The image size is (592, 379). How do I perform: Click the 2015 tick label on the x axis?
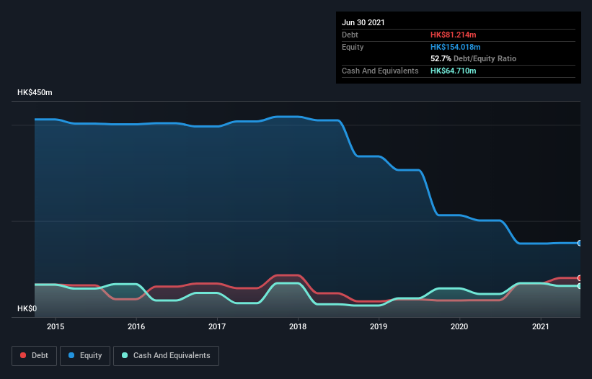56,327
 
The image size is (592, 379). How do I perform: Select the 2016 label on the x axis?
136,327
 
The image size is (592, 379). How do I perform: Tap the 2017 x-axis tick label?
217,327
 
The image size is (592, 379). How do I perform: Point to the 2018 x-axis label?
299,327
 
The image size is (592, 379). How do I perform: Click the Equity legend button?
85,355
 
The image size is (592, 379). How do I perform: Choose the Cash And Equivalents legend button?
166,355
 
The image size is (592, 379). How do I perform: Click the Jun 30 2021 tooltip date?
363,22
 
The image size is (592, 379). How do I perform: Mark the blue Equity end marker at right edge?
580,243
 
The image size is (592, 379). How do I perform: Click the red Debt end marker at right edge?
580,278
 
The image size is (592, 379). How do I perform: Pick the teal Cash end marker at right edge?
580,286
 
